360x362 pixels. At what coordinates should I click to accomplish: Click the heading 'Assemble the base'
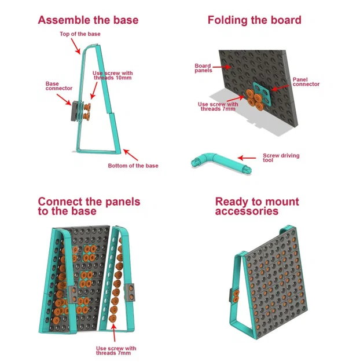point(88,20)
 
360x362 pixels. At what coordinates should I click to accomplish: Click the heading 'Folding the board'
point(254,20)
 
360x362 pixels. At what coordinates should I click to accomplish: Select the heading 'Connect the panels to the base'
point(89,206)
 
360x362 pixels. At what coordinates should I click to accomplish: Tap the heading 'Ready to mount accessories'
point(256,206)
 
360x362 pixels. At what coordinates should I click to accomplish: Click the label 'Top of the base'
point(80,34)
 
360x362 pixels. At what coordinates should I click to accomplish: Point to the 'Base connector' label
point(59,86)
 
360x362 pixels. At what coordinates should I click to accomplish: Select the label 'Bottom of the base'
point(133,166)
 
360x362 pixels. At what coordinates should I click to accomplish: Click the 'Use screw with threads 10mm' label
point(113,75)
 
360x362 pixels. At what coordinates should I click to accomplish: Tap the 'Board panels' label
point(203,68)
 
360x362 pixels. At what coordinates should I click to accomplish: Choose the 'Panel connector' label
point(306,82)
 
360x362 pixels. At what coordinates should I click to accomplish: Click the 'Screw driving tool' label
point(281,158)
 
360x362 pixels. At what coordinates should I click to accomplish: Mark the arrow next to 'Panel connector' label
point(280,87)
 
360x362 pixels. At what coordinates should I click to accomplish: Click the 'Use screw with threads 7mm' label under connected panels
point(116,350)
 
